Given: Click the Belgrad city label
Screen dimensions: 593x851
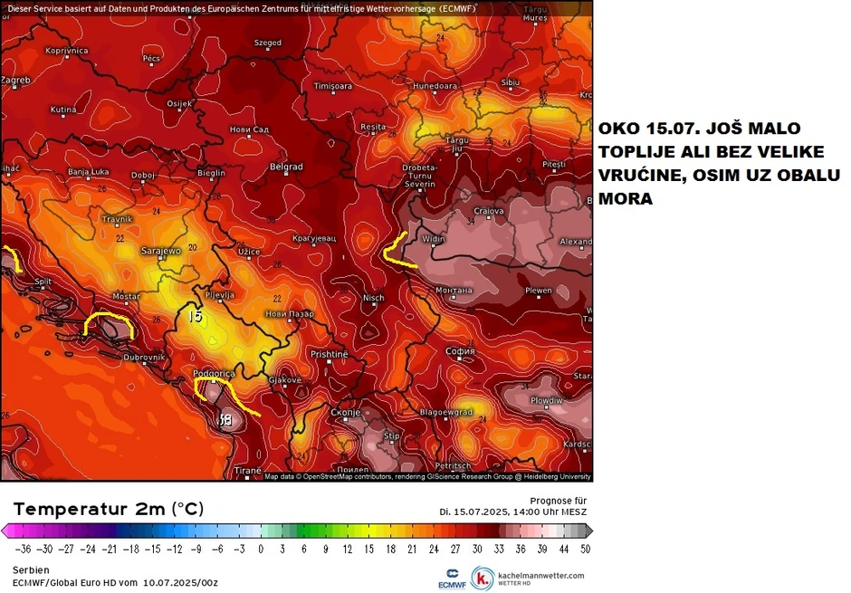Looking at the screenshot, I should (x=286, y=167).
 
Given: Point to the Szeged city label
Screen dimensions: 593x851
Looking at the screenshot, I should (x=267, y=43).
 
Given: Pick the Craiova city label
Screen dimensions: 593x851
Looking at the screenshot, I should (x=489, y=210).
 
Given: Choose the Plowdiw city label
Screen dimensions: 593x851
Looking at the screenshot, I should (x=546, y=399).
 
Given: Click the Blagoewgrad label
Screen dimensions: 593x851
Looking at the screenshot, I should (x=446, y=411).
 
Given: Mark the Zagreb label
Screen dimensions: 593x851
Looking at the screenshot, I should (x=15, y=80).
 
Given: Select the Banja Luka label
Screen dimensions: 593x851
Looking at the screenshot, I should (x=89, y=171).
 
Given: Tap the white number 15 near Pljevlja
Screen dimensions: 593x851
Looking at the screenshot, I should (x=196, y=317).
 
